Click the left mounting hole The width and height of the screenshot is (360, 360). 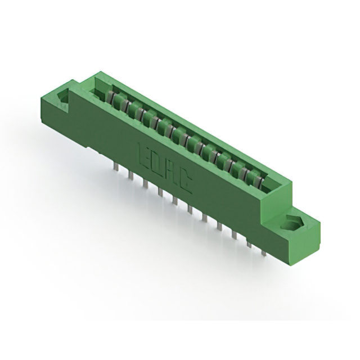pos(64,98)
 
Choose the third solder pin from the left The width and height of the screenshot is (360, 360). pos(145,184)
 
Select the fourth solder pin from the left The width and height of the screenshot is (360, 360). pos(160,192)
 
